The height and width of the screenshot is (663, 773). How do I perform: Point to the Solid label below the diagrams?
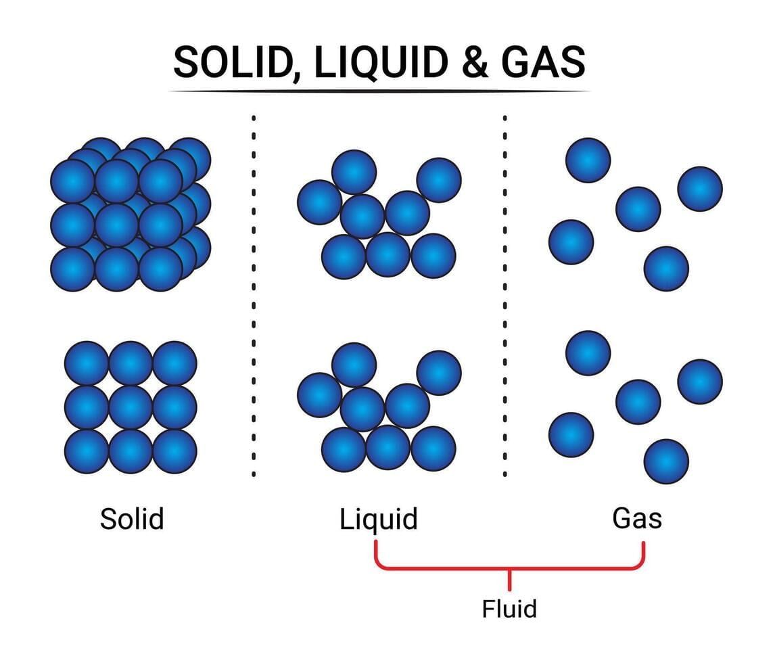tap(132, 520)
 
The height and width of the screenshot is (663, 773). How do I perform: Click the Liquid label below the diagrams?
tap(379, 520)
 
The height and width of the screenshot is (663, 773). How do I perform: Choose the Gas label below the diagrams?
tap(637, 518)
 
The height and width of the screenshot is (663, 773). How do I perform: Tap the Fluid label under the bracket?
tap(509, 609)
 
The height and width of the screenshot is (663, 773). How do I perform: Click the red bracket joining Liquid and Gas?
tap(509, 567)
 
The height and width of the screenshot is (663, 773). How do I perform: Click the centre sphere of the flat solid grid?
tap(131, 407)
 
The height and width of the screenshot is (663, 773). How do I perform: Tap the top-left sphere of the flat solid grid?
tap(87, 363)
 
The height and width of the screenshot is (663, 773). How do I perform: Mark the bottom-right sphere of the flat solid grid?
tap(174, 451)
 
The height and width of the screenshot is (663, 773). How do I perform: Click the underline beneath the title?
tap(379, 91)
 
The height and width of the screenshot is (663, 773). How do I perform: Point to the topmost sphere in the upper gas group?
tap(588, 160)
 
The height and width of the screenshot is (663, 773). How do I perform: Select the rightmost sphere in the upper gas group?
tap(700, 188)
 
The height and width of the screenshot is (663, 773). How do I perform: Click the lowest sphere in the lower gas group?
tap(666, 461)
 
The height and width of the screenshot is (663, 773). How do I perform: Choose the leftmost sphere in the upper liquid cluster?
tap(319, 202)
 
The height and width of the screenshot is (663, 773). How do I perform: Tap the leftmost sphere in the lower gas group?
tap(571, 434)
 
